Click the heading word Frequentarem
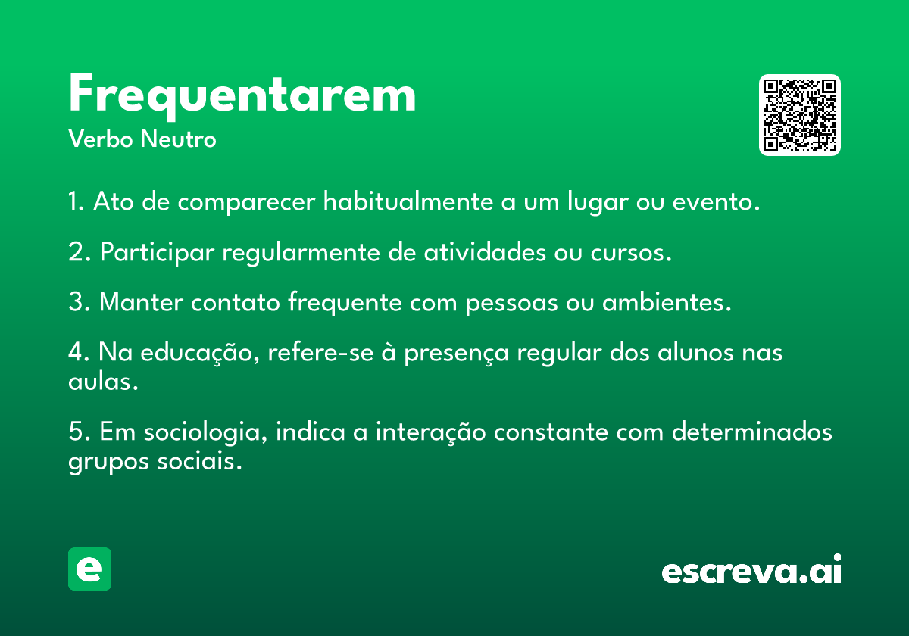[x=242, y=96]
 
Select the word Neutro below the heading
[x=178, y=139]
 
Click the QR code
[x=799, y=115]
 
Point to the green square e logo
[x=89, y=569]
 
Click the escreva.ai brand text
[x=751, y=569]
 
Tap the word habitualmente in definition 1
[x=408, y=201]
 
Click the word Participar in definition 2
[x=157, y=253]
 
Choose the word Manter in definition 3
[x=141, y=302]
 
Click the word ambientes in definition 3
[x=667, y=302]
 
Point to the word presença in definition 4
[x=457, y=353]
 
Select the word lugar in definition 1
[x=598, y=201]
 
